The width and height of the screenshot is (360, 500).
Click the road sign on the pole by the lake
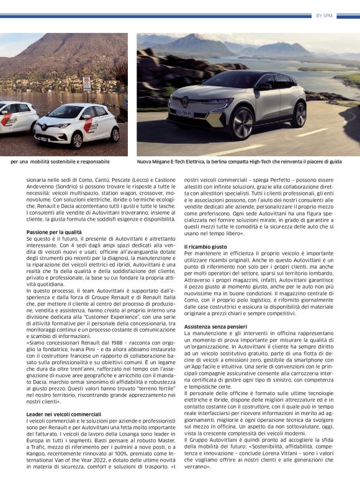(87, 83)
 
